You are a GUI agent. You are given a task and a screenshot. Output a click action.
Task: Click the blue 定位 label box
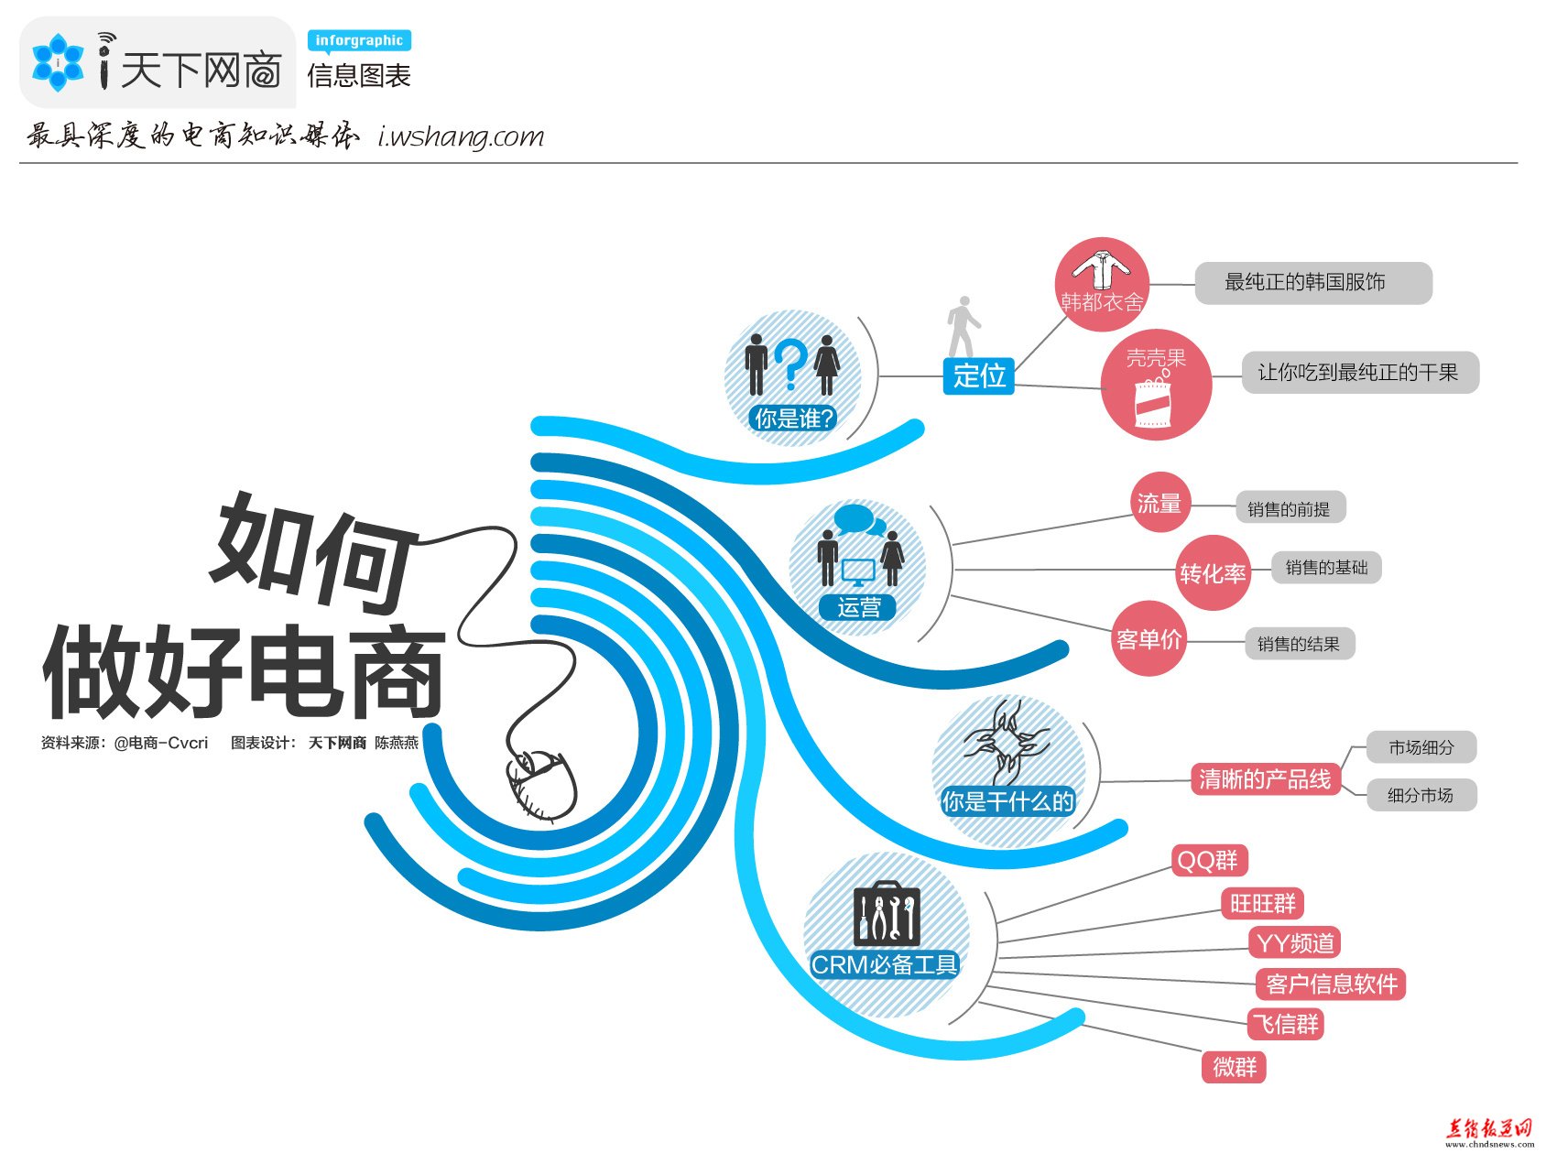click(x=978, y=375)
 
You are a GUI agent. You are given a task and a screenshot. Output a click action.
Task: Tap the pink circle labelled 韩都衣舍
click(x=1102, y=285)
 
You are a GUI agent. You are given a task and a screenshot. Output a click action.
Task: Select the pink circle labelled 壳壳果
click(x=1156, y=385)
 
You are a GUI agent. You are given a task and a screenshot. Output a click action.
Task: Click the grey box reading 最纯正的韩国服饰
click(x=1313, y=283)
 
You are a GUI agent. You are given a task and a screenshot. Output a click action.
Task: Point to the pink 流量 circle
click(x=1159, y=503)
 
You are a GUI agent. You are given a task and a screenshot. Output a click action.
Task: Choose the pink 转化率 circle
click(x=1213, y=573)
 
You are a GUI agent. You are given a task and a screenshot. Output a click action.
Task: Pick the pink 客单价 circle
click(x=1149, y=639)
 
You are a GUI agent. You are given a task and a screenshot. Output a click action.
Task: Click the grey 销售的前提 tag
click(x=1290, y=508)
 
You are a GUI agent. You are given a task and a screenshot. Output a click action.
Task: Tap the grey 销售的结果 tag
click(x=1299, y=644)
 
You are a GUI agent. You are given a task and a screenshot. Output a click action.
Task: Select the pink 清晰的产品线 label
click(x=1265, y=779)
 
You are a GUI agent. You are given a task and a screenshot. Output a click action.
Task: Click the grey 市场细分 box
click(x=1421, y=747)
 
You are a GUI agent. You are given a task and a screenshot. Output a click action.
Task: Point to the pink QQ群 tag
click(x=1209, y=861)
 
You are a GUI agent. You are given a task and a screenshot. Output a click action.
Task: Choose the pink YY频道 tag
click(x=1294, y=942)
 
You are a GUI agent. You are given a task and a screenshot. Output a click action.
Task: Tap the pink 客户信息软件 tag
click(x=1331, y=984)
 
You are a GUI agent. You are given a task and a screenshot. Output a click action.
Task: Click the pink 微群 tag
click(x=1234, y=1067)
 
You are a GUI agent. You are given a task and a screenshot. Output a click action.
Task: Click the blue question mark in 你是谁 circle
click(x=792, y=364)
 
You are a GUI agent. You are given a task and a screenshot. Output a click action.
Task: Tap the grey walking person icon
click(x=962, y=327)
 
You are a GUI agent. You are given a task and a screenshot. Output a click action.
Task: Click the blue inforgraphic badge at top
click(x=359, y=41)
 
